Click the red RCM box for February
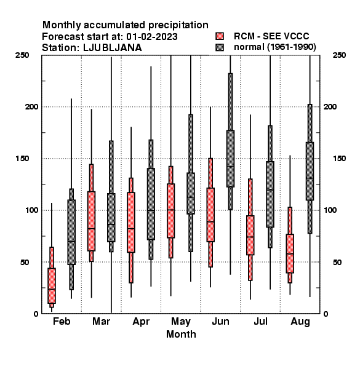(x=52, y=285)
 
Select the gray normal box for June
(x=230, y=159)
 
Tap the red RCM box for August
(x=290, y=253)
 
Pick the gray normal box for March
(x=111, y=218)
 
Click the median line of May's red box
(x=170, y=210)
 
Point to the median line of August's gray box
(x=310, y=178)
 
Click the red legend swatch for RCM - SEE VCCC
(x=220, y=36)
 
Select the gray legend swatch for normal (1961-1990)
(x=220, y=47)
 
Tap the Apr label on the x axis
(x=141, y=322)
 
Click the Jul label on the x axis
(x=260, y=321)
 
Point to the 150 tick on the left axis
(x=22, y=159)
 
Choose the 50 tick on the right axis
(x=337, y=262)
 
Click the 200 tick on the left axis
(x=31, y=106)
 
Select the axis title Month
(x=181, y=334)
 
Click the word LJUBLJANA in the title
(x=113, y=48)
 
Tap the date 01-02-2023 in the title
(x=152, y=36)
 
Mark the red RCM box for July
(x=250, y=235)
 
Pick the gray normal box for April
(x=151, y=204)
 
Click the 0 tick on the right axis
(x=326, y=314)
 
